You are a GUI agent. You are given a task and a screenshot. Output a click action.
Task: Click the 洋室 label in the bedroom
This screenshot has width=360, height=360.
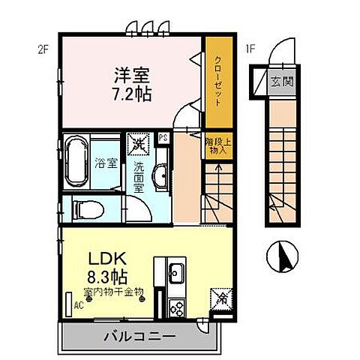coord(131,76)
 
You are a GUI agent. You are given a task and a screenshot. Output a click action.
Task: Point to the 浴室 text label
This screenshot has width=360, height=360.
coord(106,163)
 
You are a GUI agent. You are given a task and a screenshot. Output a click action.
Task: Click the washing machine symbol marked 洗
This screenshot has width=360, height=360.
coord(138,141)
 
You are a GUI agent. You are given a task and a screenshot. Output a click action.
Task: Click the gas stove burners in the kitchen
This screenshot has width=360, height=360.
coord(177,307)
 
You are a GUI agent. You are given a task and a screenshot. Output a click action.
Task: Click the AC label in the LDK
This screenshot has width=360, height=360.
coord(76,306)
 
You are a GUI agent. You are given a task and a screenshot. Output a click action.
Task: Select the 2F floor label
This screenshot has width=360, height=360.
coord(43,50)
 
